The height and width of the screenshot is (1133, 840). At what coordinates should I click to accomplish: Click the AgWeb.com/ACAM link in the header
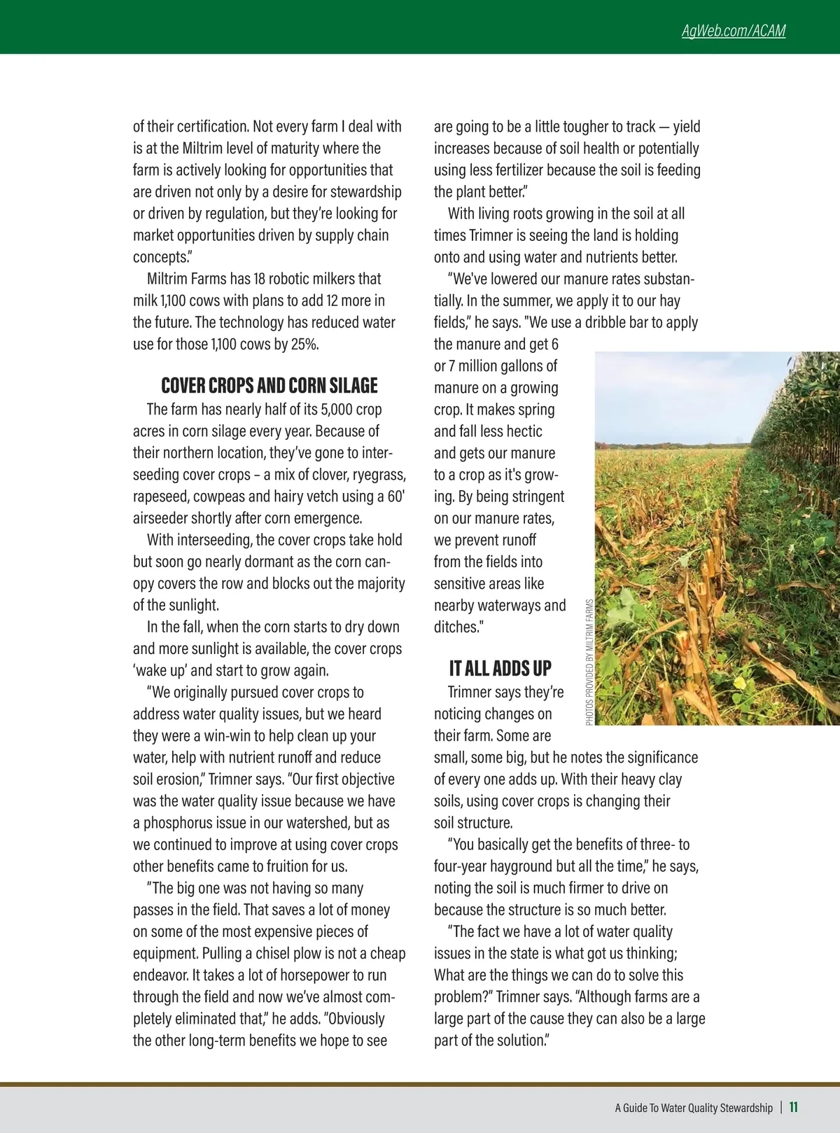pos(733,31)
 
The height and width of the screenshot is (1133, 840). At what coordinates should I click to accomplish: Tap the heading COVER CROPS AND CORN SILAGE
pos(269,386)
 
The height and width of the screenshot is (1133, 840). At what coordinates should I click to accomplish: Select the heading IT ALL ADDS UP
pos(500,669)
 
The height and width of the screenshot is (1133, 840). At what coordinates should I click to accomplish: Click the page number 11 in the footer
pos(794,1107)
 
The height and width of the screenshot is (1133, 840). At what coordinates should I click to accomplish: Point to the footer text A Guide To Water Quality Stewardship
pos(693,1108)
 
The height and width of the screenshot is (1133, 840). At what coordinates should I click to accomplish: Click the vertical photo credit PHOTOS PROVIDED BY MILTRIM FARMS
pos(589,662)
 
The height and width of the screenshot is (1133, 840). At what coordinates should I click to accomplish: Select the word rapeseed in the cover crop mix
pos(160,496)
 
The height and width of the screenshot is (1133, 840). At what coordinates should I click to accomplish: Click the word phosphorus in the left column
pos(183,823)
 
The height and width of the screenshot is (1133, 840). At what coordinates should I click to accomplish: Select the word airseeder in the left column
pos(160,518)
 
